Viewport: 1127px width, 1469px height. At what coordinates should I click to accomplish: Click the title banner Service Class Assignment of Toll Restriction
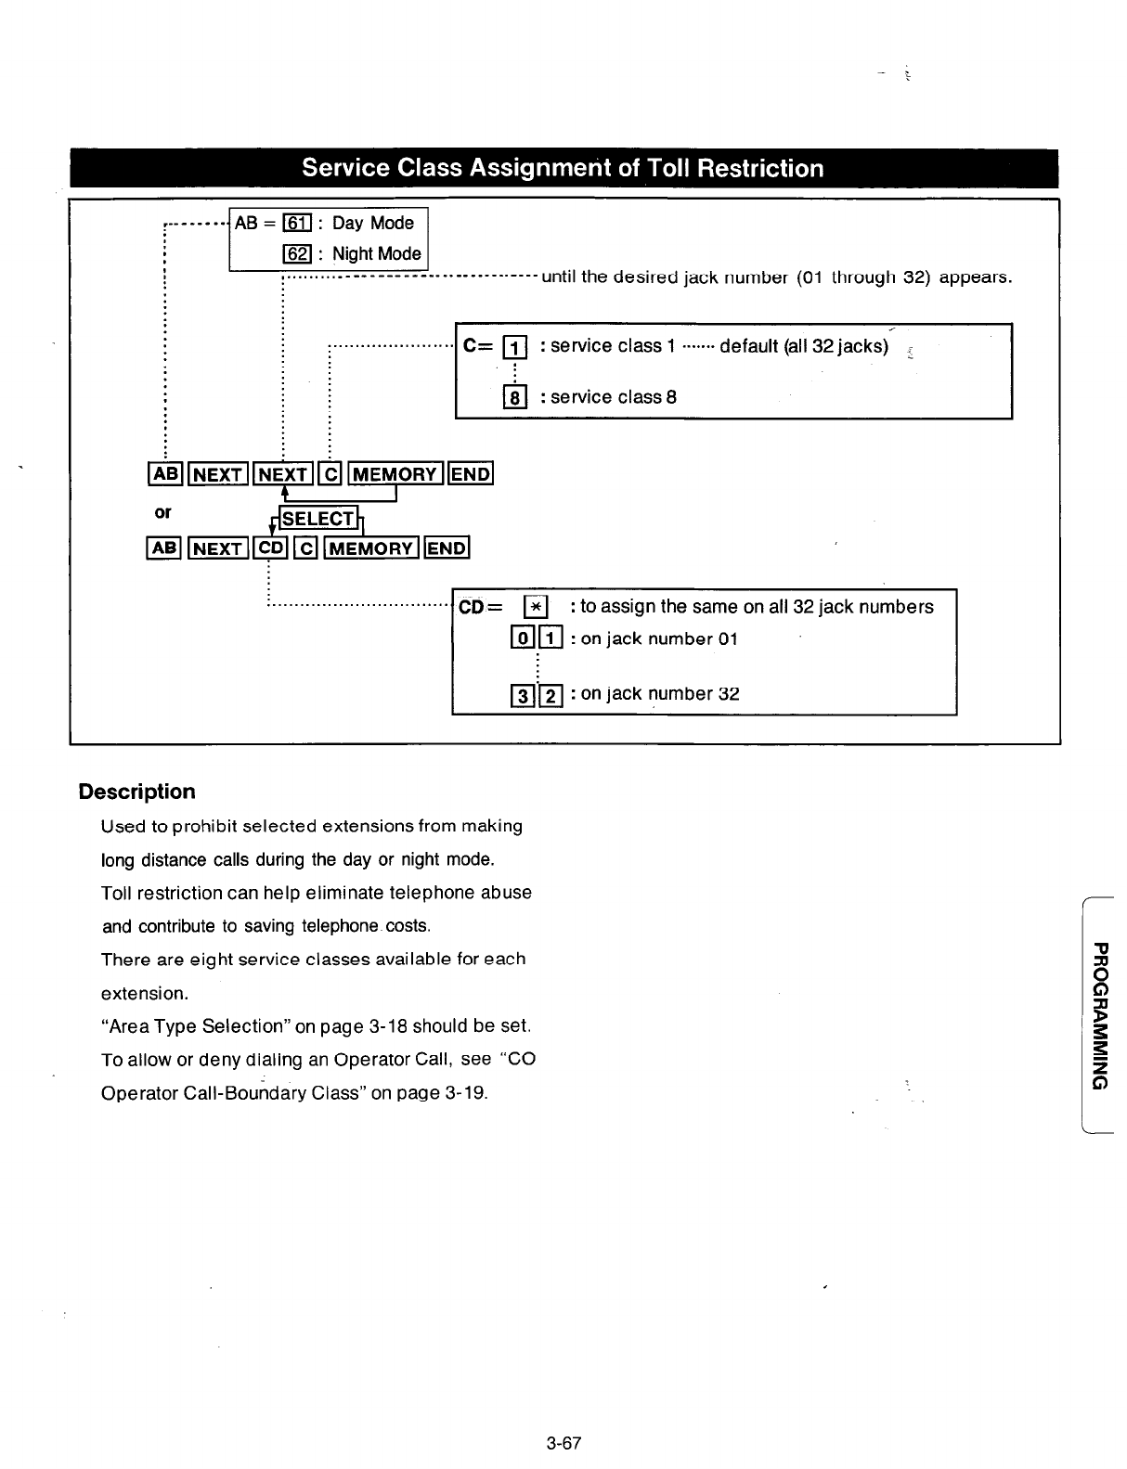click(563, 168)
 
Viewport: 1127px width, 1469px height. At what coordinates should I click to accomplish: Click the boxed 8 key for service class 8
click(513, 397)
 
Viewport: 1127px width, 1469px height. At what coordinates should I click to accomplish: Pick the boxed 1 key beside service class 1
click(513, 347)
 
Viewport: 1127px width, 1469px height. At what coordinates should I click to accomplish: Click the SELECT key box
click(317, 519)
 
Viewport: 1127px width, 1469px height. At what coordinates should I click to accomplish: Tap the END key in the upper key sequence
click(470, 474)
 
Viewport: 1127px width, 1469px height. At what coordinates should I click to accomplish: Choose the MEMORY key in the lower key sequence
click(369, 548)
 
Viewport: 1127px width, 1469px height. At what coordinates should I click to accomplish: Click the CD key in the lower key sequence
click(272, 548)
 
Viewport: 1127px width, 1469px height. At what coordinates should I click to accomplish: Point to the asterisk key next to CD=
click(536, 607)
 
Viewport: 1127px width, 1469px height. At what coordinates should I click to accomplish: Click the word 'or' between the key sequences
click(162, 512)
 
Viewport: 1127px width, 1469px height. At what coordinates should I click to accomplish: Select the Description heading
click(137, 792)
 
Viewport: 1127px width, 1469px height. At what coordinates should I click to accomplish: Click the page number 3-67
click(563, 1443)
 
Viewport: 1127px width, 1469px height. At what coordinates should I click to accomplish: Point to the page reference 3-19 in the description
click(465, 1092)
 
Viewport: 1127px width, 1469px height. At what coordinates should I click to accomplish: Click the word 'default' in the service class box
click(750, 347)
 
